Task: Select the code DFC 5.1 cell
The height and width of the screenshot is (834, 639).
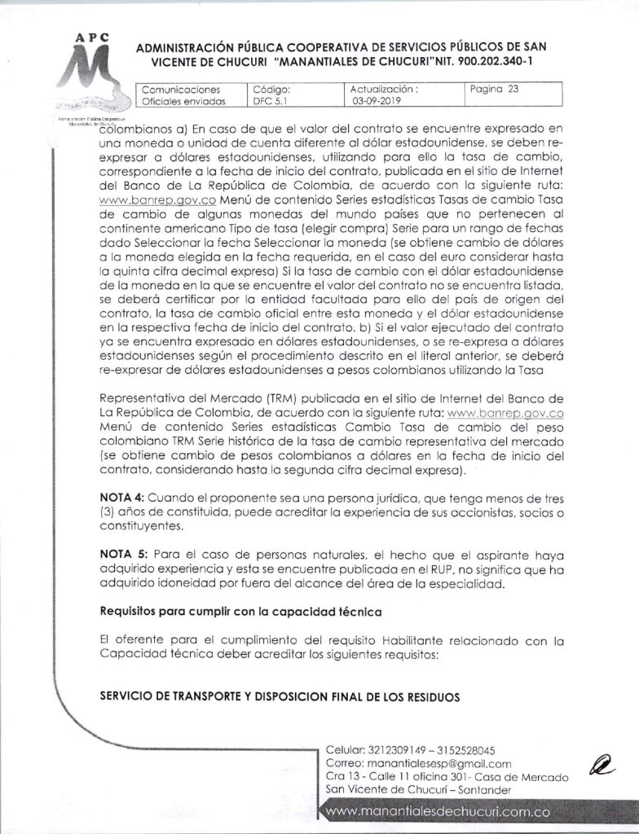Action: [x=272, y=102]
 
